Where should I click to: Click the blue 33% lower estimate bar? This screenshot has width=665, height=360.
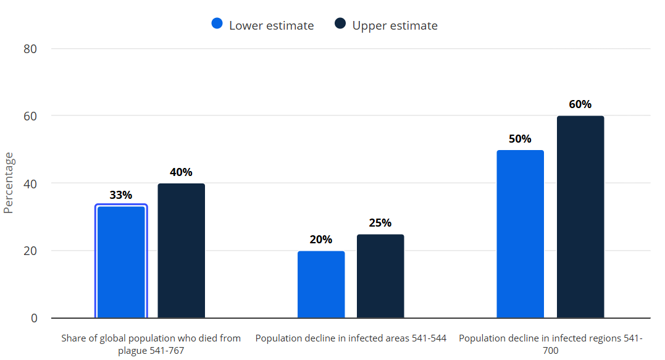pos(121,261)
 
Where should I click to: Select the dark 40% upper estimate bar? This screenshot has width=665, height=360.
pos(182,251)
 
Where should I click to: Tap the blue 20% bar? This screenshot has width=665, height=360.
pos(321,285)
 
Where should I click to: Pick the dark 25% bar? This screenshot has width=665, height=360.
pos(380,276)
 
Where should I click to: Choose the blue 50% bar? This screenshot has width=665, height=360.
pos(521,234)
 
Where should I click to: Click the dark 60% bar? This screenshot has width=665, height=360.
pos(580,217)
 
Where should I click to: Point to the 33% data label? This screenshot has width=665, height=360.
pos(121,195)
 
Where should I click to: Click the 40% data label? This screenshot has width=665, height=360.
pos(181,172)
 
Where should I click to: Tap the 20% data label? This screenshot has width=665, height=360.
pos(321,240)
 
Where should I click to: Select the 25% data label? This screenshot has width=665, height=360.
pos(380,223)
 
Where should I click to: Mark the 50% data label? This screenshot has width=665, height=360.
pos(520,139)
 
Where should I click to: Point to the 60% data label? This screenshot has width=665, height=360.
pos(580,104)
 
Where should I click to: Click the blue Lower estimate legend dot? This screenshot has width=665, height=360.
pos(217,23)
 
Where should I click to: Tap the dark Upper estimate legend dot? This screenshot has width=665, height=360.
pos(340,23)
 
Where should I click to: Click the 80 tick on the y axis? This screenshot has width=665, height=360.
pos(30,49)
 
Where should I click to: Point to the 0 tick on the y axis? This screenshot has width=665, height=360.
pos(34,319)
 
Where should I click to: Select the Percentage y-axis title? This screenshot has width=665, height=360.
pos(9,183)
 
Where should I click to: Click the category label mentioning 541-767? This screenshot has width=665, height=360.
pos(151,345)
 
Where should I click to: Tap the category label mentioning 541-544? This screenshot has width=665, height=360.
pos(351,338)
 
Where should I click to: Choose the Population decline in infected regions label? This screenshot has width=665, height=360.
pos(551,345)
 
